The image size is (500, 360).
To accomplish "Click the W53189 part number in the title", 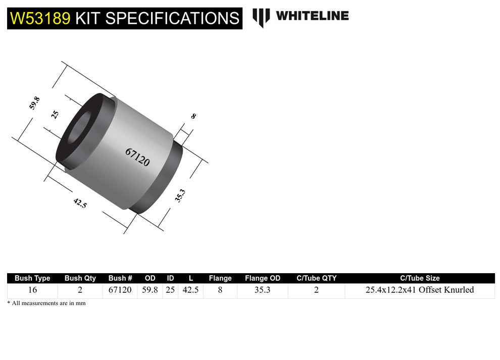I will pyautogui.click(x=40, y=18).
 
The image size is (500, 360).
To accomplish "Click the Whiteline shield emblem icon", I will pyautogui.click(x=261, y=17).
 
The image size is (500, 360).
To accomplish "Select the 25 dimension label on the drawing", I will pyautogui.click(x=56, y=114).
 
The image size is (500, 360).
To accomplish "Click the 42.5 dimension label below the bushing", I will pyautogui.click(x=80, y=203).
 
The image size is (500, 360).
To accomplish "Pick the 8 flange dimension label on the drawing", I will pyautogui.click(x=193, y=116).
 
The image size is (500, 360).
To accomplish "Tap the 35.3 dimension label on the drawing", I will pyautogui.click(x=180, y=195).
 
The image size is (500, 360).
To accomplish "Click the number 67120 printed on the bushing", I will pyautogui.click(x=137, y=158).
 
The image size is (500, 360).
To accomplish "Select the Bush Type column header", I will pyautogui.click(x=32, y=278).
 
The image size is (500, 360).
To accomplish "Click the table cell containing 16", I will pyautogui.click(x=32, y=290).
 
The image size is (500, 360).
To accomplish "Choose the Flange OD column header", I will pyautogui.click(x=262, y=278).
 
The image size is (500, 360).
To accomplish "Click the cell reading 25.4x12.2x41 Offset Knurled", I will pyautogui.click(x=419, y=290).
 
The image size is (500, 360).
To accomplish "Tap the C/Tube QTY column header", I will pyautogui.click(x=316, y=278).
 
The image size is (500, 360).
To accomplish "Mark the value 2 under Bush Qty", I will pyautogui.click(x=80, y=290).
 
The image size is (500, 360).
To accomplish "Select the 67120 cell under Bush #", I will pyautogui.click(x=120, y=290).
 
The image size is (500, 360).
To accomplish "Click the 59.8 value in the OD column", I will pyautogui.click(x=149, y=290).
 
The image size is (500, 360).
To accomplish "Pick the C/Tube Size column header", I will pyautogui.click(x=419, y=278).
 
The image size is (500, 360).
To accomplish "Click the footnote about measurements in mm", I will pyautogui.click(x=46, y=303).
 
